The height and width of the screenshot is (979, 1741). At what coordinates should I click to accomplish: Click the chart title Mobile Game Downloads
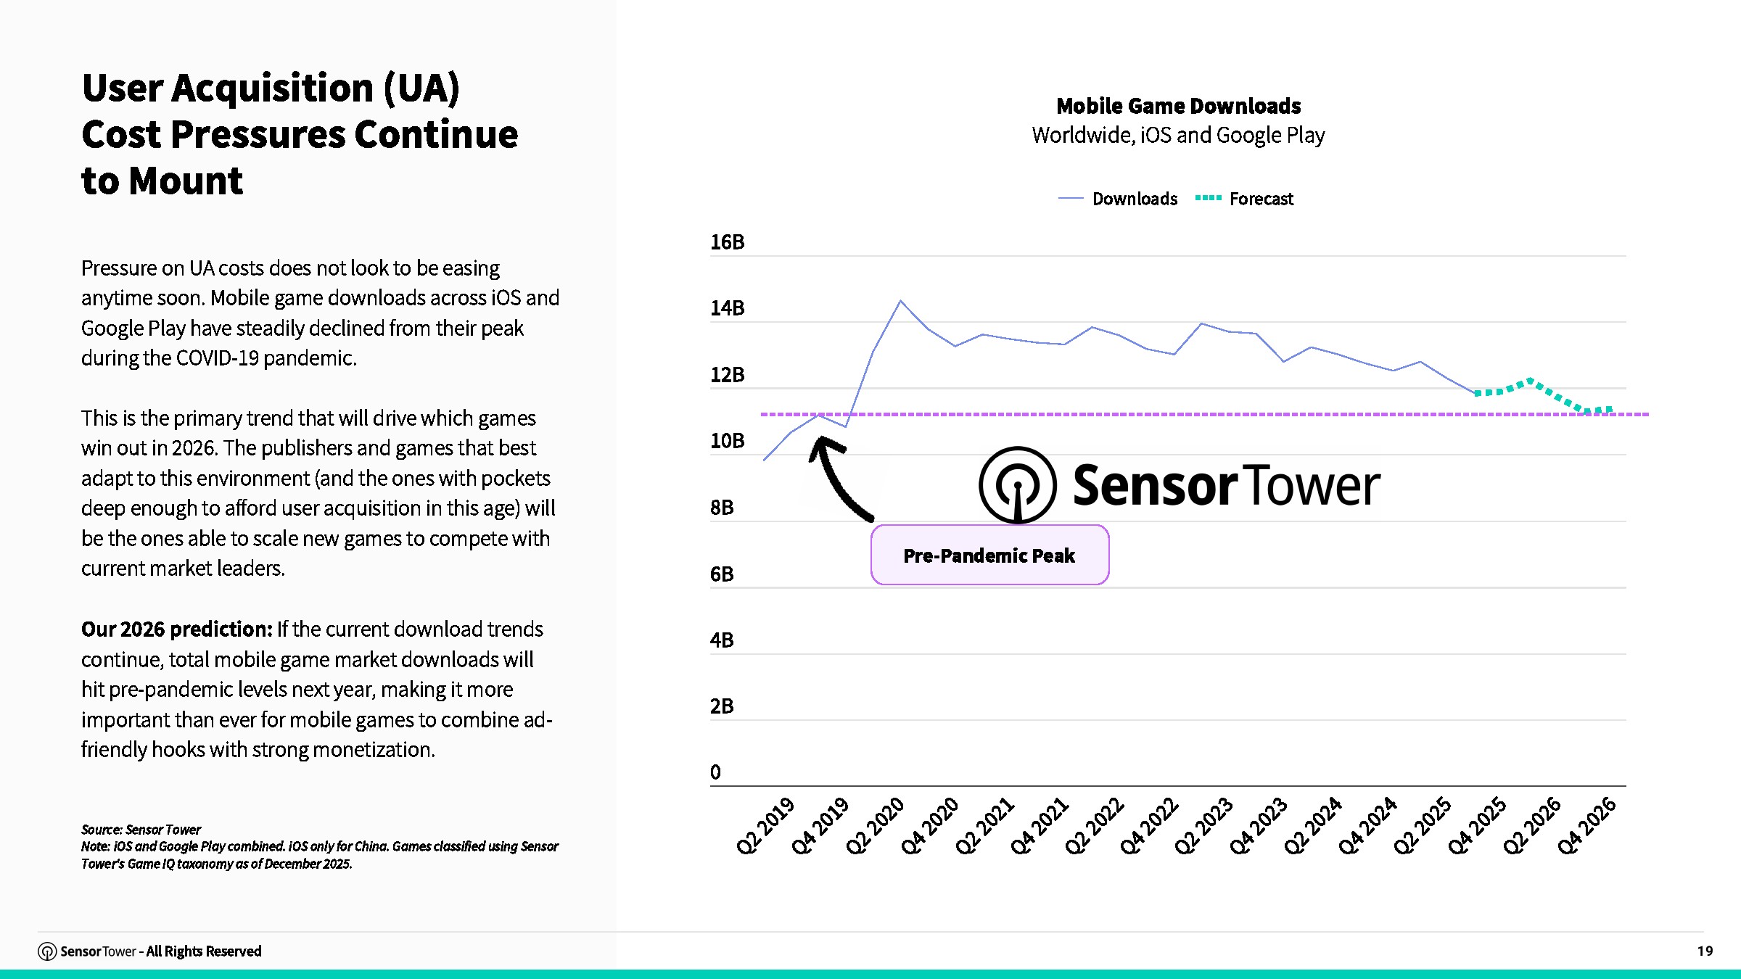click(1178, 106)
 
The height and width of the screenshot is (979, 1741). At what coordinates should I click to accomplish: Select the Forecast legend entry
click(1244, 199)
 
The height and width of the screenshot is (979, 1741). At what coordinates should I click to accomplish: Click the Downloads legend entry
click(1118, 199)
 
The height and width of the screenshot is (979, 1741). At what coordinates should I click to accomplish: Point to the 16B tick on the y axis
click(728, 242)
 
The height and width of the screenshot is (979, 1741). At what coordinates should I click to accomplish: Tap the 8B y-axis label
click(722, 508)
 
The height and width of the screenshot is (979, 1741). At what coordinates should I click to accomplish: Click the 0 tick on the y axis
click(715, 772)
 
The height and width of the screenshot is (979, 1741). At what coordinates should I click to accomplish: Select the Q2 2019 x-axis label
click(765, 826)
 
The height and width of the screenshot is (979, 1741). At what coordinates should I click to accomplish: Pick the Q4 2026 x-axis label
click(1586, 826)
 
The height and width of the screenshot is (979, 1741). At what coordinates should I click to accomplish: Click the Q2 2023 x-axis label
click(1203, 826)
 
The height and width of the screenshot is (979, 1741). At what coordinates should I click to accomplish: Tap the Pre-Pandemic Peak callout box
click(989, 555)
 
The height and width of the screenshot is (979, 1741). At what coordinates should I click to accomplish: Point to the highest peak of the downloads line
click(900, 301)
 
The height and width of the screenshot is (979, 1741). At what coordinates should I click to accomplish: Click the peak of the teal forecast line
click(1530, 380)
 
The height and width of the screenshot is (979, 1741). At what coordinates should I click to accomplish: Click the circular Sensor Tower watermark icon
click(1017, 484)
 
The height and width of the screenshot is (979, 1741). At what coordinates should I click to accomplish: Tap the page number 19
click(1705, 951)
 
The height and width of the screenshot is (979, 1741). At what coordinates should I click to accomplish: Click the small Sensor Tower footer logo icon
click(47, 951)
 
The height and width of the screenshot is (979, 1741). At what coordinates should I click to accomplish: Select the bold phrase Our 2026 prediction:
click(176, 629)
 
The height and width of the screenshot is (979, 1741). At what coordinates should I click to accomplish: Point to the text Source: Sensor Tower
click(141, 830)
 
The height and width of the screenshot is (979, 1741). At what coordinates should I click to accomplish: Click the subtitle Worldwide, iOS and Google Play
click(1178, 136)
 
